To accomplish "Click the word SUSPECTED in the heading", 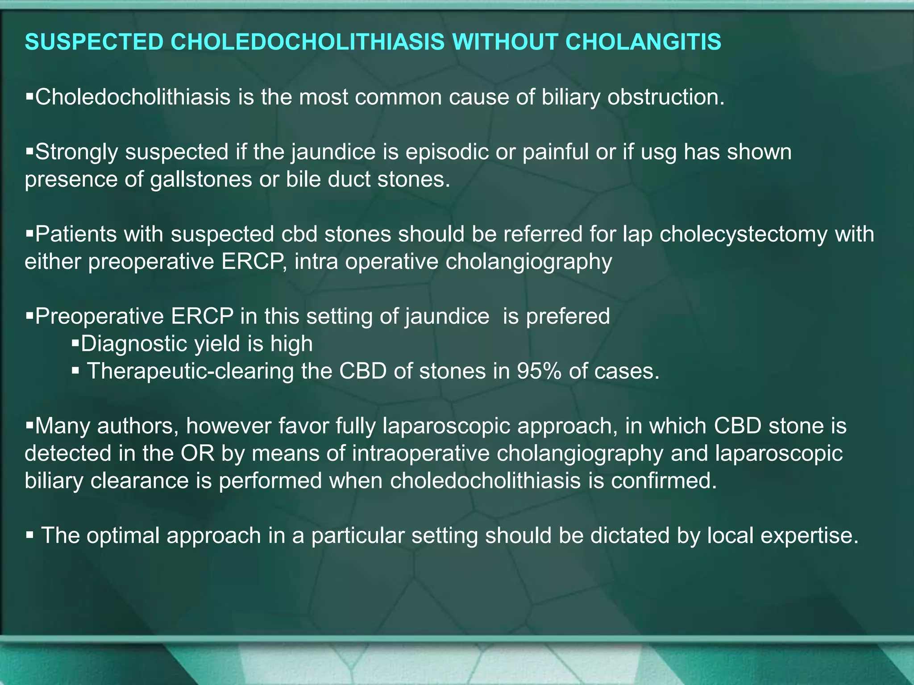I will point(94,42).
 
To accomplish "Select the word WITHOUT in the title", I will point(504,42).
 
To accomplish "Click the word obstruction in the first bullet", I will point(666,97).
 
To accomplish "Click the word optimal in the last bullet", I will point(123,536).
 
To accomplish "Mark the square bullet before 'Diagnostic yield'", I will point(75,343).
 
